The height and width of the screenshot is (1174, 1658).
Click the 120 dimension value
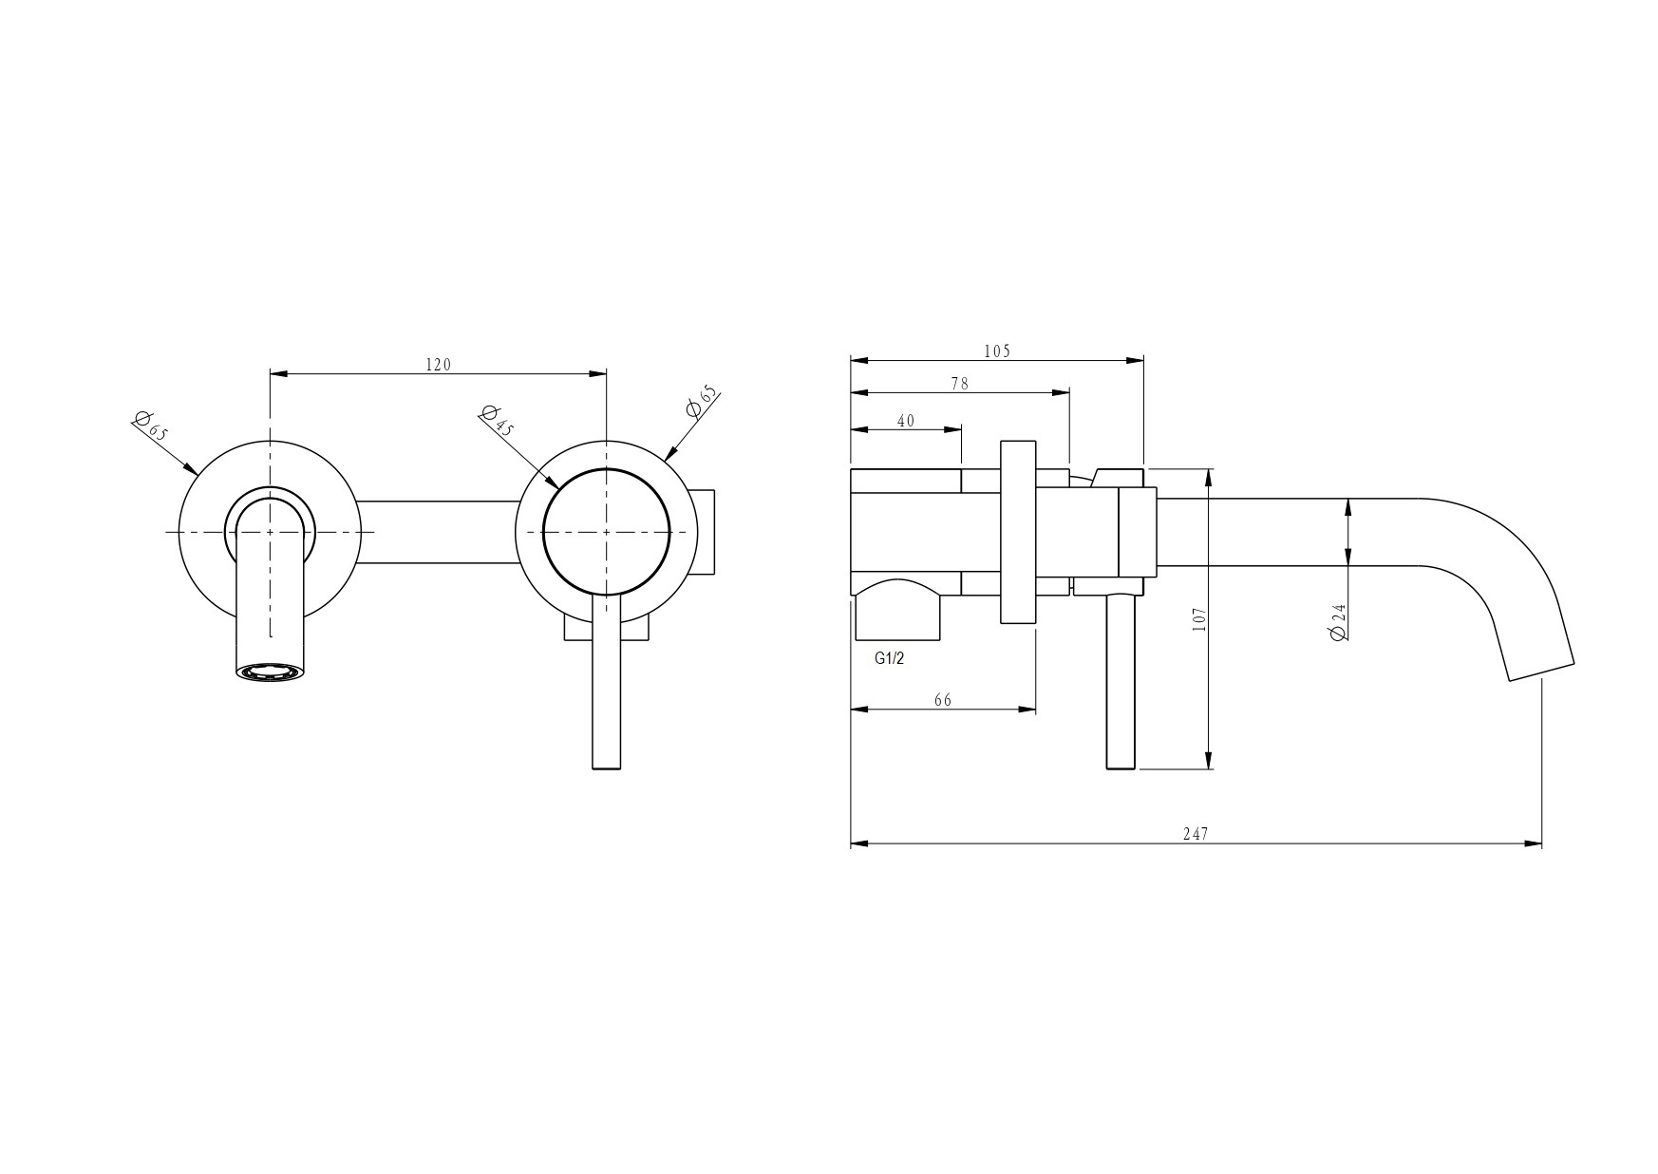(438, 364)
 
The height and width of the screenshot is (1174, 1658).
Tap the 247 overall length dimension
(1196, 834)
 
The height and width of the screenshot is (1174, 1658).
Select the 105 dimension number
(997, 351)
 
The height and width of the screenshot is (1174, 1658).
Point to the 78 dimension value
(959, 384)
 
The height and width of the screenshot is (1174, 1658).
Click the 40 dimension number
(906, 421)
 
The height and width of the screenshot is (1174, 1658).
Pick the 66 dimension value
(942, 700)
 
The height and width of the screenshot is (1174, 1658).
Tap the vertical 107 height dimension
(1198, 619)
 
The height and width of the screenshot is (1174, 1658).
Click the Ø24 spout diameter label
(1339, 621)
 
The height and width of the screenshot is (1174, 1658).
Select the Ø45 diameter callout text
(497, 420)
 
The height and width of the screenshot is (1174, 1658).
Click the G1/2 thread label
(889, 658)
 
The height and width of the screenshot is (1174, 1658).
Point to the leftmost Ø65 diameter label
(151, 425)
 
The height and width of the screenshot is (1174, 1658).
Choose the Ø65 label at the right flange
(702, 402)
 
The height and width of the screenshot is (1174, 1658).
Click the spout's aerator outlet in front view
(271, 672)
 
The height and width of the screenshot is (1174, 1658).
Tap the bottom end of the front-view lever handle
(606, 768)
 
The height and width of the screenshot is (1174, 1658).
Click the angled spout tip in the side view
(1541, 671)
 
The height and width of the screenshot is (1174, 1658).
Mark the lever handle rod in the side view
(1121, 682)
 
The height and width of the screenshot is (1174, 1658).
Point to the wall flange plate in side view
(1018, 532)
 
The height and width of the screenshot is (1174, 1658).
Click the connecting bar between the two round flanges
(438, 532)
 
